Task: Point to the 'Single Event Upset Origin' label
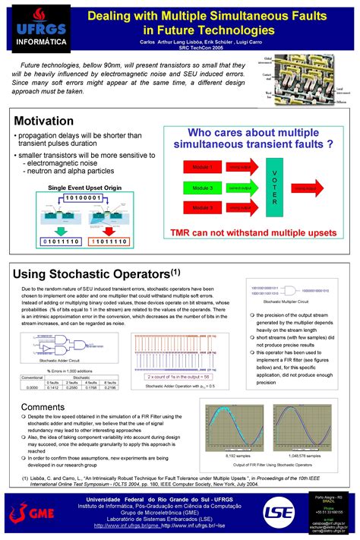click(x=85, y=187)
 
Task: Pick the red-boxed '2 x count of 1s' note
click(x=178, y=377)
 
